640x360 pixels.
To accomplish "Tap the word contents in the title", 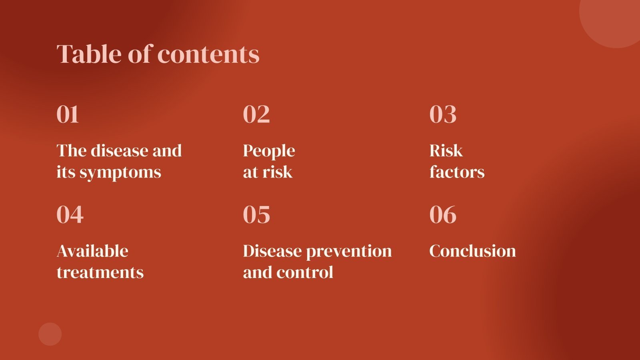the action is click(x=208, y=54).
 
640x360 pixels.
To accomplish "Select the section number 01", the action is click(x=68, y=114).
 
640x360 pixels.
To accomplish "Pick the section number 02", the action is click(x=256, y=114).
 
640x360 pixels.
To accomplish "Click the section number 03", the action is click(x=443, y=114).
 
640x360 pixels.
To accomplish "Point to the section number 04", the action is click(x=70, y=214).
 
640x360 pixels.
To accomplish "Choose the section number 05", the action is click(x=256, y=214).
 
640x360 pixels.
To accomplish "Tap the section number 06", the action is click(x=443, y=214).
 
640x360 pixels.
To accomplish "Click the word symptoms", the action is click(x=120, y=173).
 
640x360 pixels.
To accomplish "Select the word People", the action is click(x=269, y=151).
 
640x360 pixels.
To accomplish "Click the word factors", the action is click(x=457, y=172).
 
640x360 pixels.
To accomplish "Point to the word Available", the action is click(x=92, y=251).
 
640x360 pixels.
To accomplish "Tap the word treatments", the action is click(x=100, y=272).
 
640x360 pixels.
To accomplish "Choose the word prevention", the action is click(x=349, y=252).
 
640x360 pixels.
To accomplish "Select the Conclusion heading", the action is click(x=472, y=251).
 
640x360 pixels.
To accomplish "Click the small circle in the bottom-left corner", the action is click(x=50, y=334).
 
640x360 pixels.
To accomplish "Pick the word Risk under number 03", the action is click(x=446, y=150).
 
